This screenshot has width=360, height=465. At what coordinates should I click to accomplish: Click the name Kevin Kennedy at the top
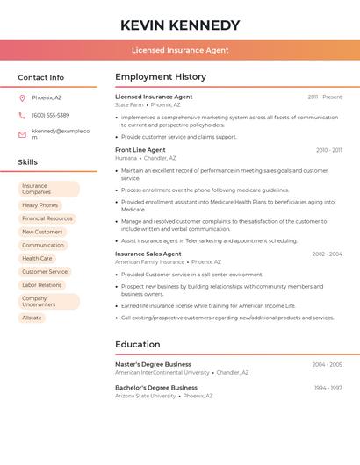point(180,25)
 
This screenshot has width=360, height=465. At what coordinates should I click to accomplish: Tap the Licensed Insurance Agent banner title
point(180,50)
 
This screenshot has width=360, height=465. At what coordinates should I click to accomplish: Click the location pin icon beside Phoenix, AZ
point(22,97)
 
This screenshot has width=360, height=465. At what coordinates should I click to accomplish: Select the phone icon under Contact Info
point(22,115)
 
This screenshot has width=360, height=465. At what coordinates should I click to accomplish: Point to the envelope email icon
point(22,133)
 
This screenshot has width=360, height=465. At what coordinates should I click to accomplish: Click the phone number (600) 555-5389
point(50,115)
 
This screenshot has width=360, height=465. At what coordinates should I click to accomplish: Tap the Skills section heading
point(28,162)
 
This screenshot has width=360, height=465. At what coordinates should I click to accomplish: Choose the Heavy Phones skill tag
point(40,205)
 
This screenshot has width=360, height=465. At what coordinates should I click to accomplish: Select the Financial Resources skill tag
point(47,218)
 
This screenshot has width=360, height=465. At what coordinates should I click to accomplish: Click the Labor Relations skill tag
point(42,285)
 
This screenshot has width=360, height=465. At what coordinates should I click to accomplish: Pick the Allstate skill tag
point(32,318)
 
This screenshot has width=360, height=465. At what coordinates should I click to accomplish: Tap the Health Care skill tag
point(37,259)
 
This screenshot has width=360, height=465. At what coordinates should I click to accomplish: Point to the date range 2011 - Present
point(324,97)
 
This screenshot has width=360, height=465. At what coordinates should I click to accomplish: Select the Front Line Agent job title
point(140,150)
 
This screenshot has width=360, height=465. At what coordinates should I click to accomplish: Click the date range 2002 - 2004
point(327,254)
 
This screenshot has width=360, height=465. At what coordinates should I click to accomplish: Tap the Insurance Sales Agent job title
point(148,254)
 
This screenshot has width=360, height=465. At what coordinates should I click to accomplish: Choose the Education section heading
point(138,344)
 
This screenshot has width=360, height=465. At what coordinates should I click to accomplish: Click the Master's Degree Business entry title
point(153,364)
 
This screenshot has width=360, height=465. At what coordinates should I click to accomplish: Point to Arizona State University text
point(146,396)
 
